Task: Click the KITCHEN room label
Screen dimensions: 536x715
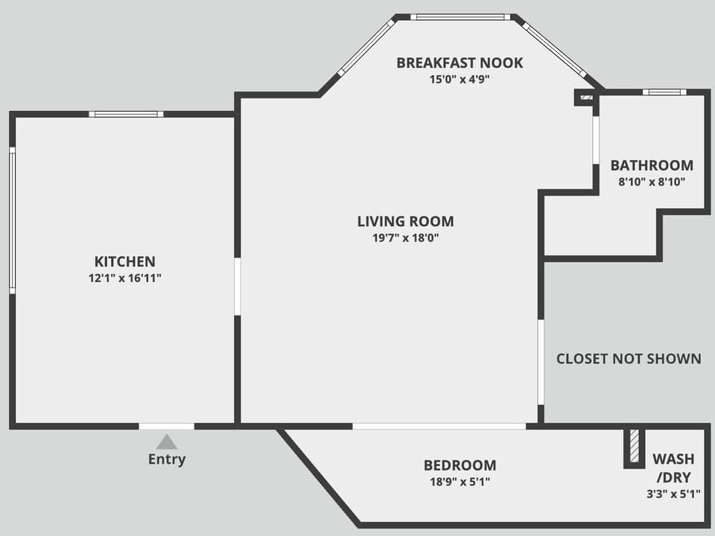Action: click(124, 261)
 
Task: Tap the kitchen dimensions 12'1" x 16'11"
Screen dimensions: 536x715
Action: click(124, 278)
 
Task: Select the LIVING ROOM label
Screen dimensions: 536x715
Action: click(405, 221)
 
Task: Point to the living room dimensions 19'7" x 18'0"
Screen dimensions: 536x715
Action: click(405, 238)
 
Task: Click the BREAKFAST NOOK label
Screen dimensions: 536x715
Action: click(460, 63)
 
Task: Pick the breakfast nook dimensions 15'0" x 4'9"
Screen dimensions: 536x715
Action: click(460, 80)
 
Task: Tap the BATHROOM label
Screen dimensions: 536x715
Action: click(652, 165)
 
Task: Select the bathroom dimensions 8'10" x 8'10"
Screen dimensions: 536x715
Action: click(652, 182)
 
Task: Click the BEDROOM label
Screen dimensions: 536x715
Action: click(460, 465)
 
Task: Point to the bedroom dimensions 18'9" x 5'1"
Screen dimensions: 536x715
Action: click(460, 482)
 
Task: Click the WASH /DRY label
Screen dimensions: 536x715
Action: click(673, 467)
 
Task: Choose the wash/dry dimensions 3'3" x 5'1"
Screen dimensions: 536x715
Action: click(673, 494)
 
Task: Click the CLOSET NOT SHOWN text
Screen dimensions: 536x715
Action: click(629, 359)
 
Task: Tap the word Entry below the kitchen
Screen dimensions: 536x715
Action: click(167, 459)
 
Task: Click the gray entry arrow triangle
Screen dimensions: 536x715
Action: click(167, 442)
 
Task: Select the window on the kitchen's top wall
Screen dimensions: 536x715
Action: click(126, 114)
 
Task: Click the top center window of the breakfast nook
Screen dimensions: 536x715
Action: click(460, 16)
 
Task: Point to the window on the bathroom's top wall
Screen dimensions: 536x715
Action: click(664, 92)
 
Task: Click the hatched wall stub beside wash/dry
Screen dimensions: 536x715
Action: click(634, 446)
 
